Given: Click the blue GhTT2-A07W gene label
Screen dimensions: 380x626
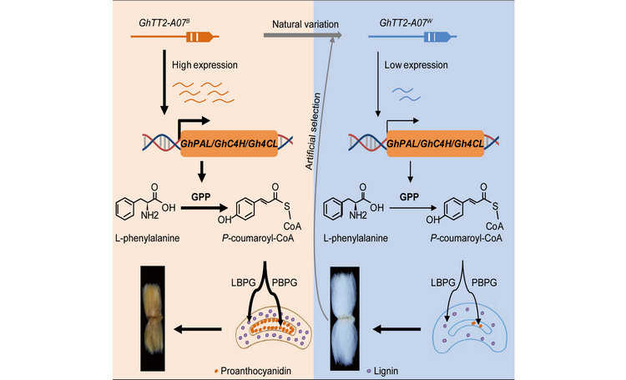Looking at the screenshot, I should point(400,15).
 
